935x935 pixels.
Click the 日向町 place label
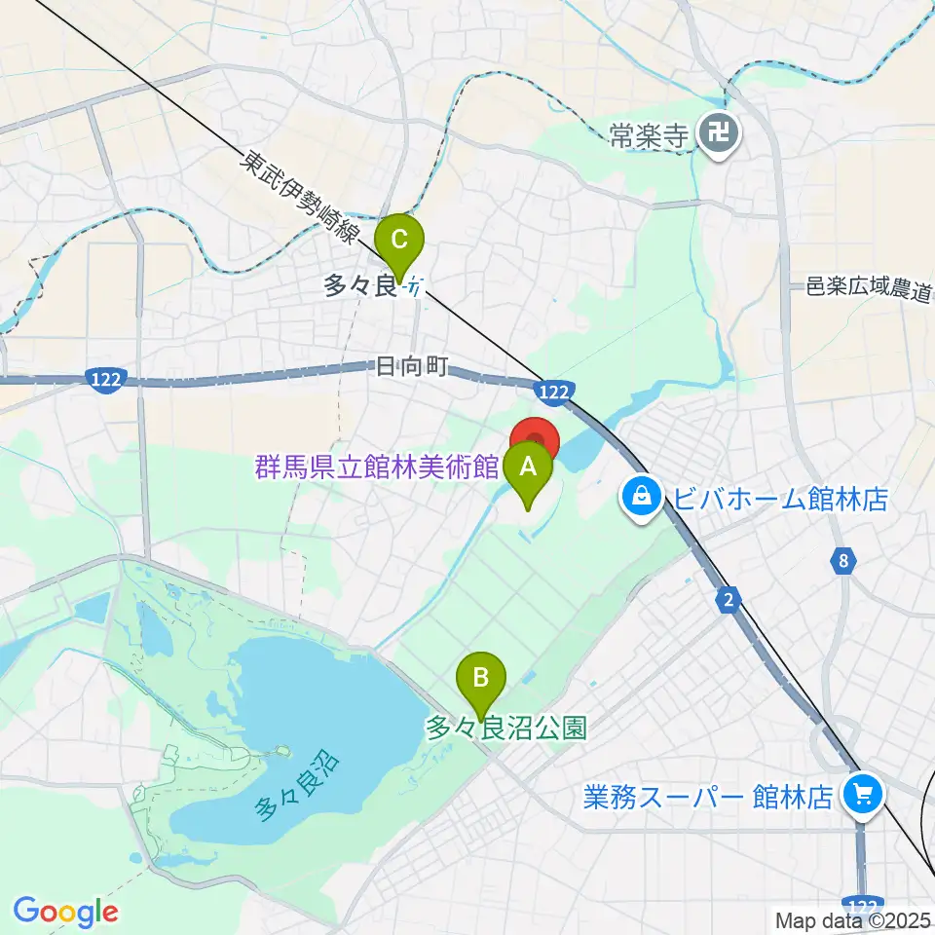(410, 367)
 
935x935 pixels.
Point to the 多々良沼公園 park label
(506, 729)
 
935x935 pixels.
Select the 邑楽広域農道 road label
(870, 288)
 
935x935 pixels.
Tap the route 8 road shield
(842, 560)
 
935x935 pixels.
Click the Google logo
(65, 911)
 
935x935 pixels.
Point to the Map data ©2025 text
(852, 919)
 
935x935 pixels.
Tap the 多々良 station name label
(359, 286)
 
